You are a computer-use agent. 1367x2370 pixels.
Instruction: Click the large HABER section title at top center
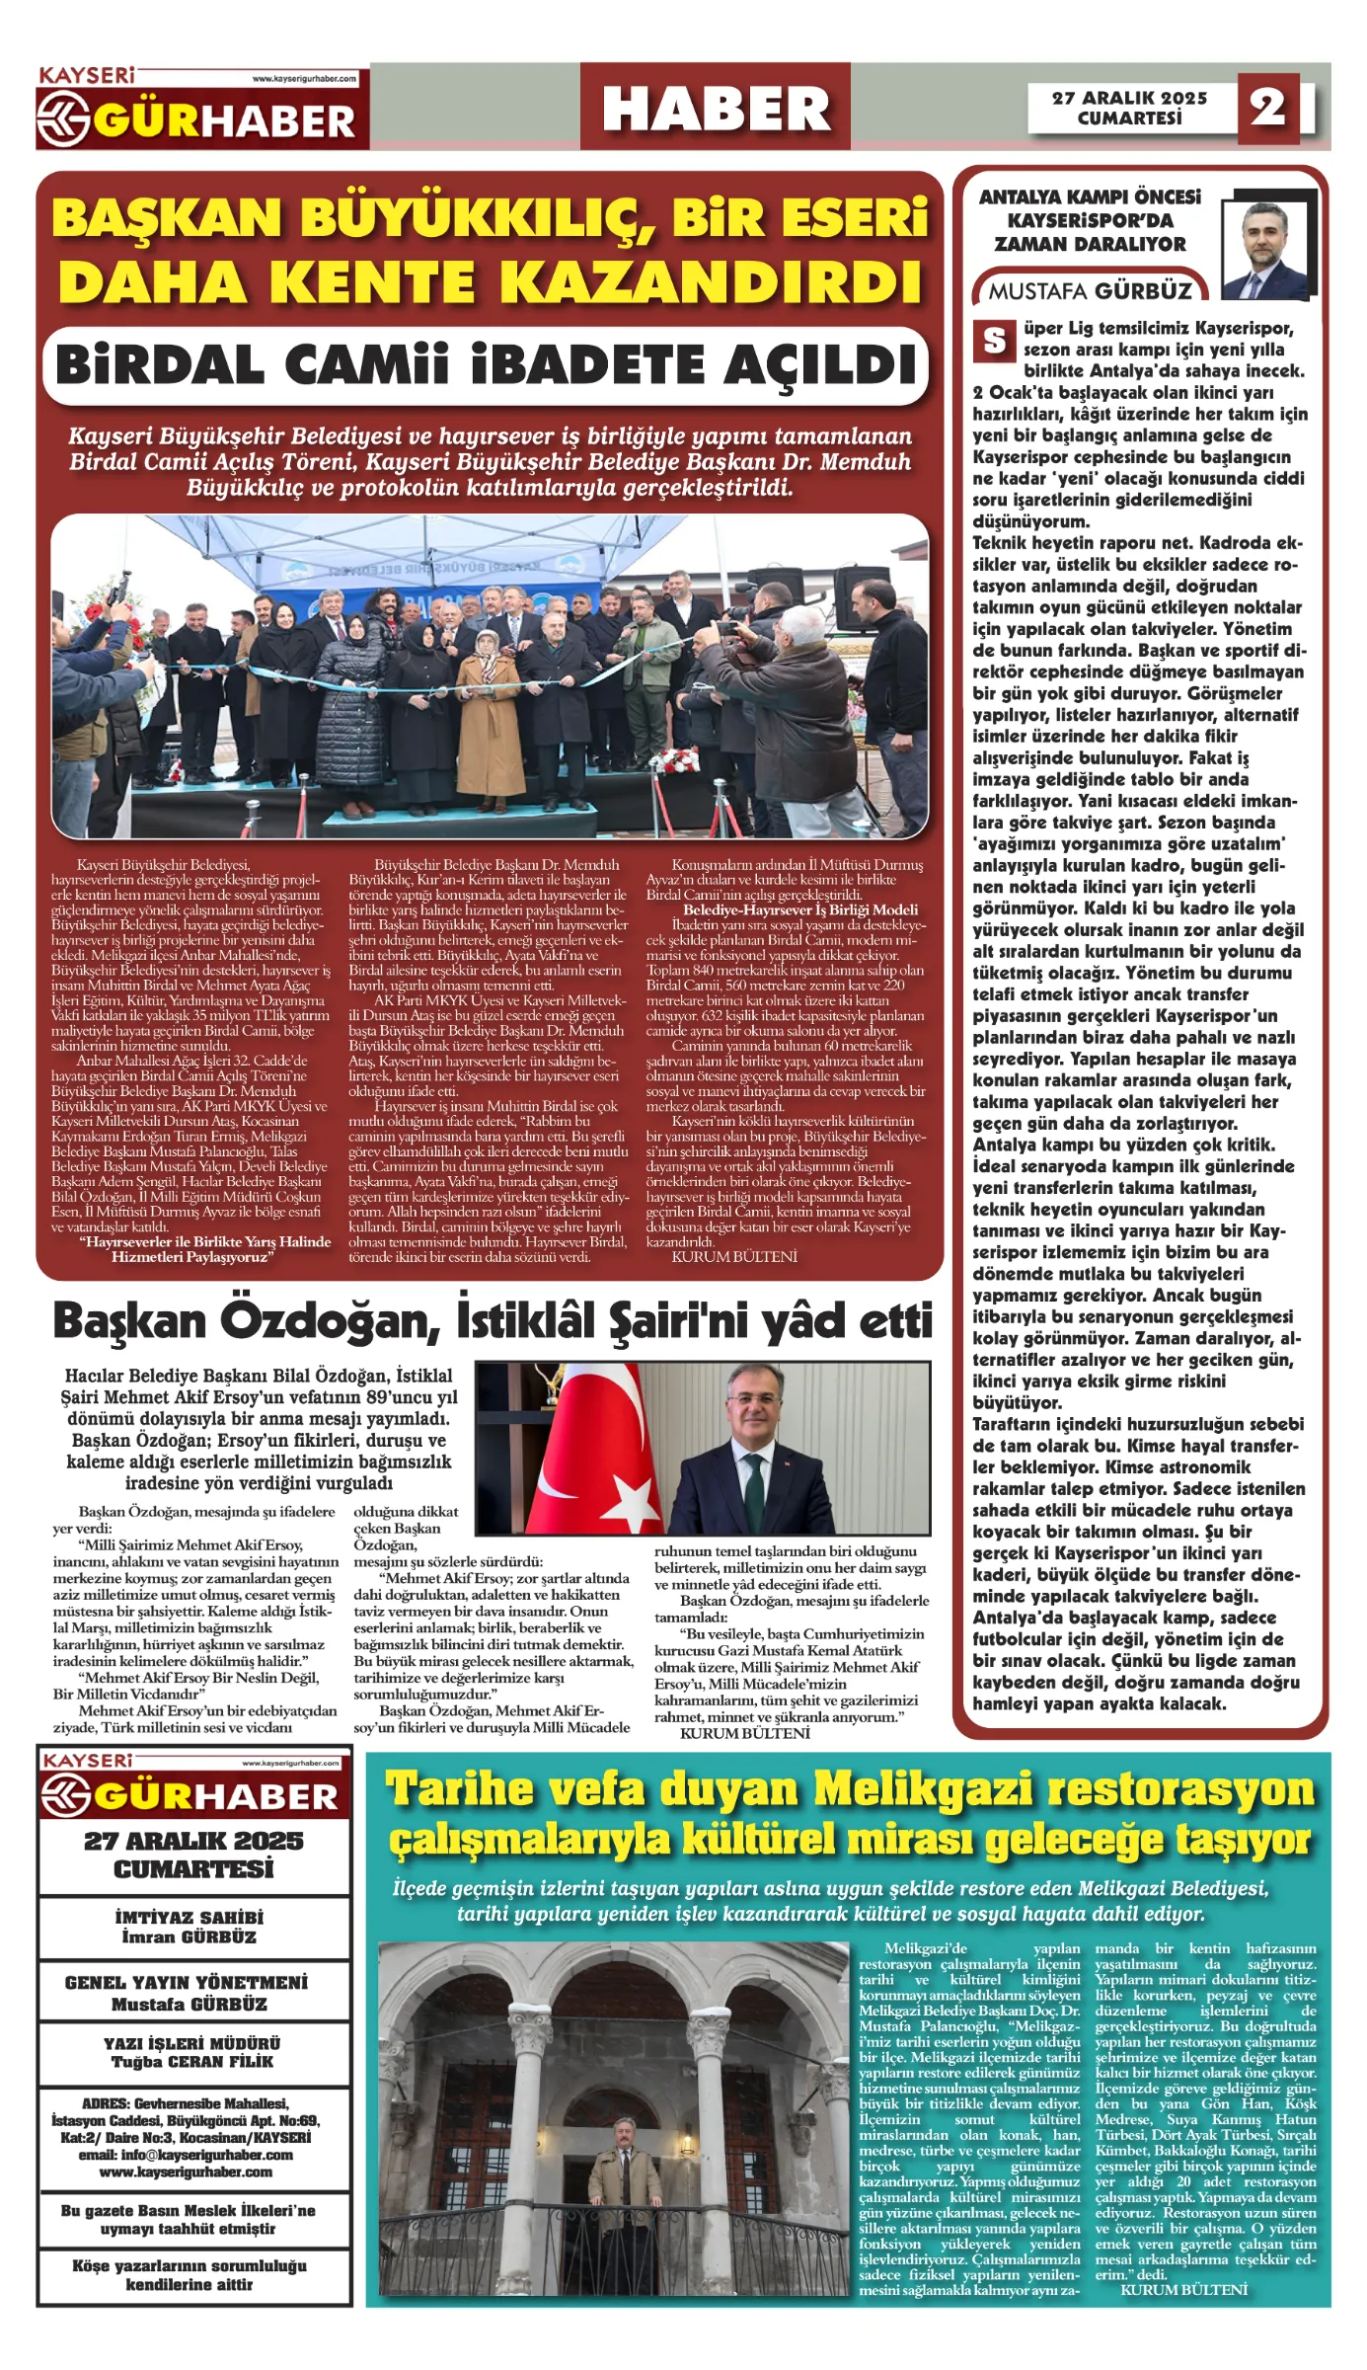pyautogui.click(x=716, y=109)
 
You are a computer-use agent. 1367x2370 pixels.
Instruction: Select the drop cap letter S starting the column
pyautogui.click(x=994, y=341)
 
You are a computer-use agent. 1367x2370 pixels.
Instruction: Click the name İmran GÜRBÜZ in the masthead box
pyautogui.click(x=190, y=1937)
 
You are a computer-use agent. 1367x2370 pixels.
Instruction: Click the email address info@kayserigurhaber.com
pyautogui.click(x=187, y=2155)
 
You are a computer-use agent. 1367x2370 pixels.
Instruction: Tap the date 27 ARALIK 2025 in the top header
pyautogui.click(x=1129, y=98)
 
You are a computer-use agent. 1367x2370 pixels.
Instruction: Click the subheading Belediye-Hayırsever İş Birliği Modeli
pyautogui.click(x=799, y=909)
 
